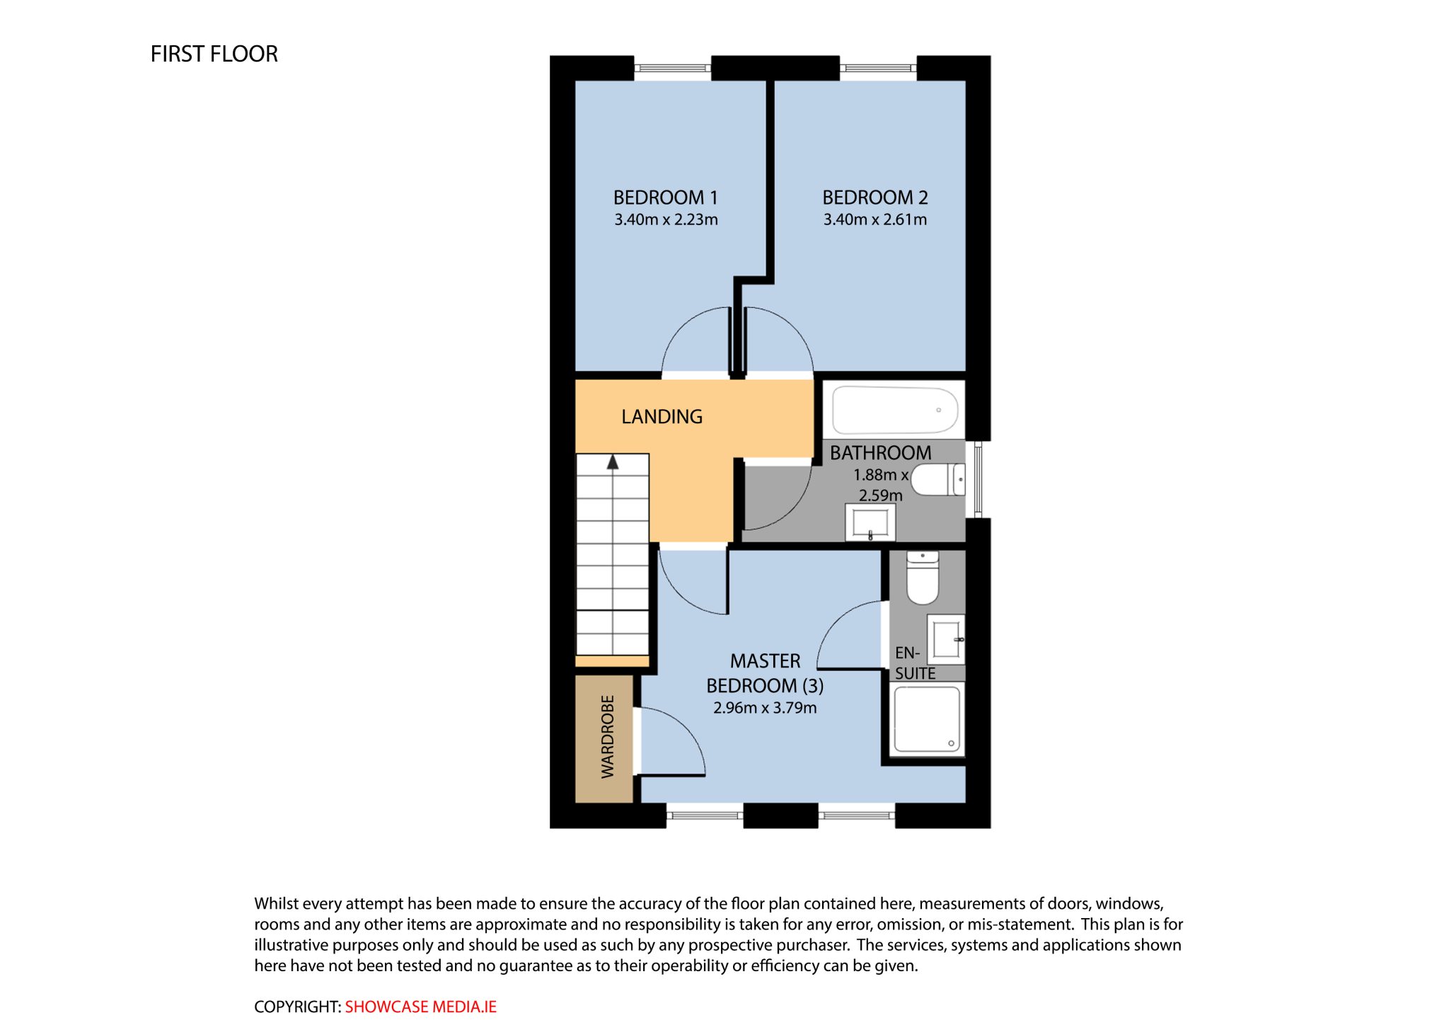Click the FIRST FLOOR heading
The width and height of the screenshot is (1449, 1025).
214,54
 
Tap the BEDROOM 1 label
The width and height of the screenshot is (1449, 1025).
665,197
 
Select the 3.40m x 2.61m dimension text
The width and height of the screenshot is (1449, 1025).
874,219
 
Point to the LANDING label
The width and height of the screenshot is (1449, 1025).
662,416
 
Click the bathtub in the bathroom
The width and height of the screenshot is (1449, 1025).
895,410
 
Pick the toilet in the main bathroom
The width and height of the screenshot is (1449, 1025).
938,479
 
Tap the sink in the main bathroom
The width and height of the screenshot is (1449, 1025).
870,522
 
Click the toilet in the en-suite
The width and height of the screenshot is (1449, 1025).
923,578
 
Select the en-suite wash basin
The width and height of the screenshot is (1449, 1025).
946,639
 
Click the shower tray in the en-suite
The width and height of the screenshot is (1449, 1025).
927,719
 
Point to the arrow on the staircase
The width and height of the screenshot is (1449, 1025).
613,462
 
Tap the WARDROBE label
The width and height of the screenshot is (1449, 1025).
607,737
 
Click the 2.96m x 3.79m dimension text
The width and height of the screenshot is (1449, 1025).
765,708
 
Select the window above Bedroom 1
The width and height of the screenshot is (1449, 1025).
672,68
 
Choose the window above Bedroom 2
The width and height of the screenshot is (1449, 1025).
878,68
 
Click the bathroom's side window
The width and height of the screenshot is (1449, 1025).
978,479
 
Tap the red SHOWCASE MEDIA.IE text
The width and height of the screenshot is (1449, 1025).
421,1007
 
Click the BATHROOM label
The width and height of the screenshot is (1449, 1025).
880,453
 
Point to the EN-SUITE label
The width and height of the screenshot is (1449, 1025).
915,663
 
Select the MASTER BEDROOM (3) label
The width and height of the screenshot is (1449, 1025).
765,673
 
